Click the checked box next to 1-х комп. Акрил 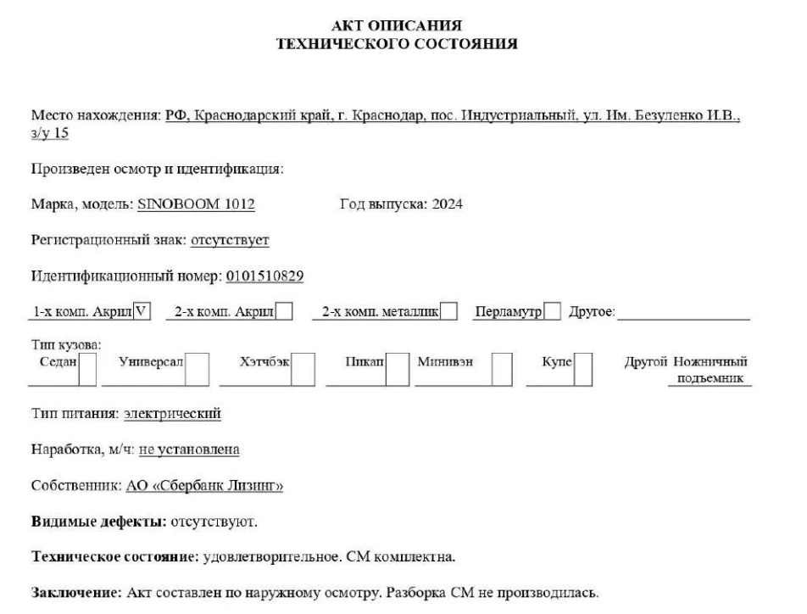click(142, 312)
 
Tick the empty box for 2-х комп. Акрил click(286, 312)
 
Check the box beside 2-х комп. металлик click(450, 312)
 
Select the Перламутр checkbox click(552, 312)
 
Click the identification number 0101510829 click(265, 276)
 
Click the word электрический click(172, 414)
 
